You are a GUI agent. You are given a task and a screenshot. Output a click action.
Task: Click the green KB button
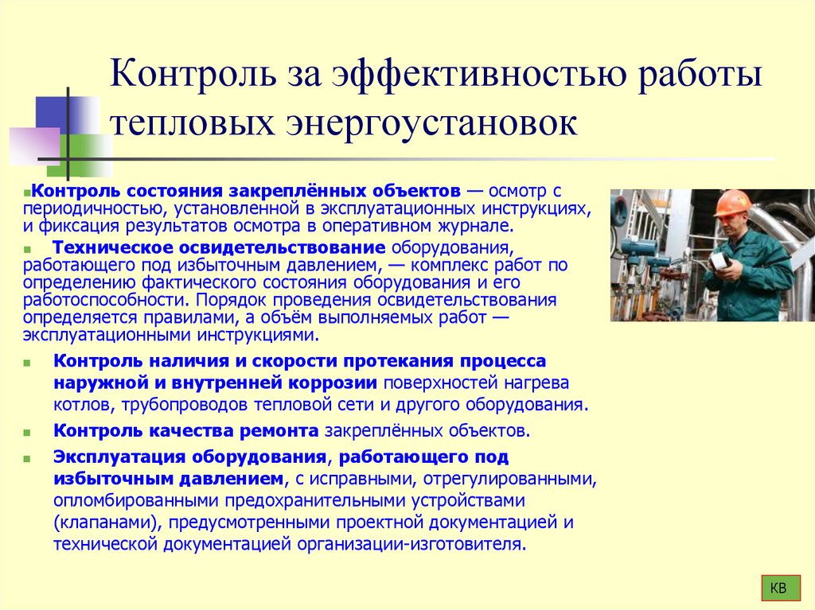(x=779, y=589)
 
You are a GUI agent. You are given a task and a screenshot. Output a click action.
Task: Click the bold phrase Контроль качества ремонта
(x=185, y=431)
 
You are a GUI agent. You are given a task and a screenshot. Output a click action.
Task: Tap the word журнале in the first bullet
(x=469, y=225)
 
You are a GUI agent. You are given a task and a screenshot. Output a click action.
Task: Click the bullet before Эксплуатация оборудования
(x=29, y=460)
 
